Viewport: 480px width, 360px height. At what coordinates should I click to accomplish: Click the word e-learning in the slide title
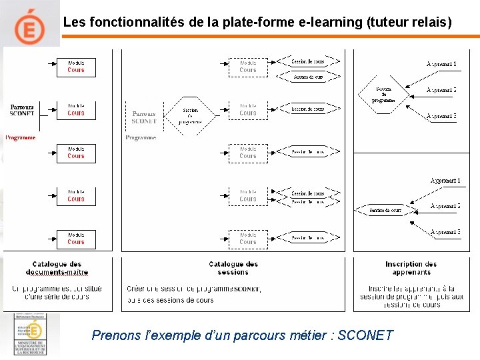[331, 22]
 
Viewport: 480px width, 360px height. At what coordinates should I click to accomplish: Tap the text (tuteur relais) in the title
[409, 22]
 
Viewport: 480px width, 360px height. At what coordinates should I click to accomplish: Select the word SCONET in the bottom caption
[365, 335]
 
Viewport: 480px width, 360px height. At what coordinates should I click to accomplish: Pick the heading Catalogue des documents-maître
[57, 268]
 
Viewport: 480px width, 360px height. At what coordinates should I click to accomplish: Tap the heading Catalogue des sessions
[233, 268]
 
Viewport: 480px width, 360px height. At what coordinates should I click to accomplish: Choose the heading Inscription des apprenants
[411, 268]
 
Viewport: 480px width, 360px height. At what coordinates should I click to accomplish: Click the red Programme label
[21, 138]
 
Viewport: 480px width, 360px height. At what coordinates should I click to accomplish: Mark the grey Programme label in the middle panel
[141, 138]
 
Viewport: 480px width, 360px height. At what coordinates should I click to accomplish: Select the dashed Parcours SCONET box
[144, 117]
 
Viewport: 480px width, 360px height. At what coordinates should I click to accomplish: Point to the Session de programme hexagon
[384, 95]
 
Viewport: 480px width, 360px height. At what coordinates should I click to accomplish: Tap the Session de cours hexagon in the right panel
[385, 211]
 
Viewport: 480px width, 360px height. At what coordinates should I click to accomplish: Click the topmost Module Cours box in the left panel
[75, 67]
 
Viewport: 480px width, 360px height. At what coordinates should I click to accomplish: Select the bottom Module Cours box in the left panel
[75, 239]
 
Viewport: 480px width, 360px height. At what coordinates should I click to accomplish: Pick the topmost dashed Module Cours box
[248, 67]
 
